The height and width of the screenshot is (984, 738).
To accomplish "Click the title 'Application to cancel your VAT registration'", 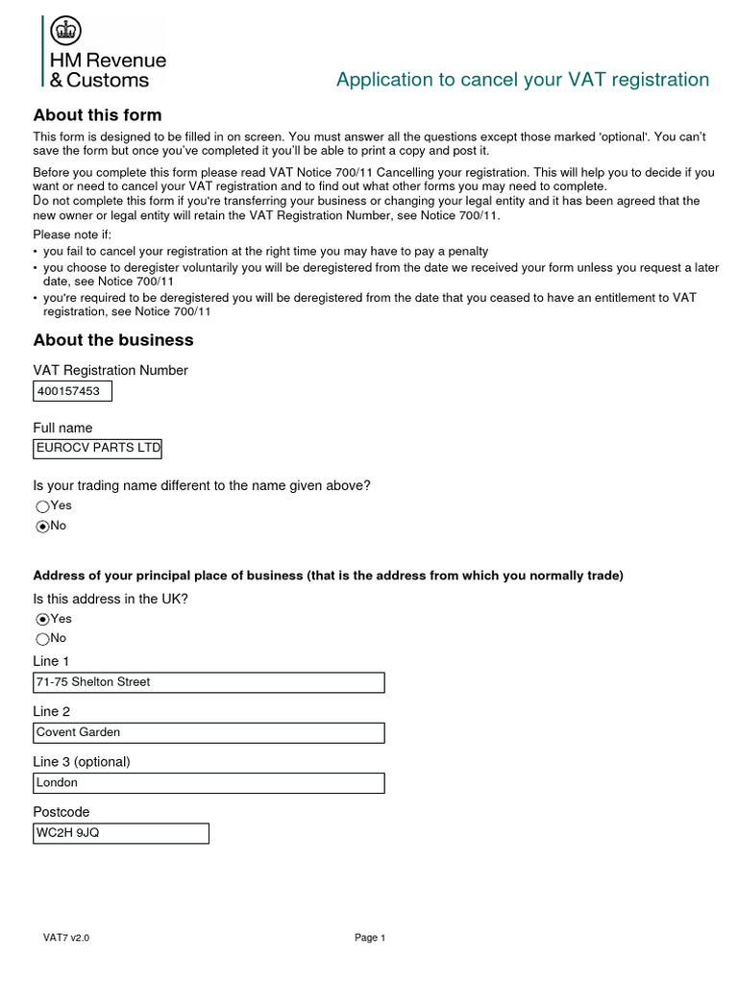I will click(523, 80).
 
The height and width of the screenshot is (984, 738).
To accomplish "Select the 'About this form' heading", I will click(97, 115).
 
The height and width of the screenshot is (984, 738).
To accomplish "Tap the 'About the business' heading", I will click(113, 340).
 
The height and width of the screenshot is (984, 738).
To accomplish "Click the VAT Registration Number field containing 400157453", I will click(73, 391).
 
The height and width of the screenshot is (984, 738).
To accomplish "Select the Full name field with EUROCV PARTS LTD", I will click(98, 448).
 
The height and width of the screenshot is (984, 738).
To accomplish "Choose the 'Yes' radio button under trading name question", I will click(42, 506).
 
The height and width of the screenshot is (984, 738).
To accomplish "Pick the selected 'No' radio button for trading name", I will click(42, 527).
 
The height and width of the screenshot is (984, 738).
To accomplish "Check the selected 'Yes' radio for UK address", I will click(42, 620).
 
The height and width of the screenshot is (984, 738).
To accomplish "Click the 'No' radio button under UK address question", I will click(42, 639).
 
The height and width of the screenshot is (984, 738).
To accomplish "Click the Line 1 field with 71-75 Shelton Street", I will click(209, 682).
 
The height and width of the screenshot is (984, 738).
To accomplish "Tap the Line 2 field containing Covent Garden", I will click(209, 732).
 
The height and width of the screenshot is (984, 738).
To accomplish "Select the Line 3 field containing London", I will click(209, 783).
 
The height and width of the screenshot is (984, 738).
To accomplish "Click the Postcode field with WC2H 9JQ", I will click(121, 833).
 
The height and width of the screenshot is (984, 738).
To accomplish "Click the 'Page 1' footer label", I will click(370, 938).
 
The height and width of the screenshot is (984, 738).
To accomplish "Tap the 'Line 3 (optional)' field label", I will click(82, 762).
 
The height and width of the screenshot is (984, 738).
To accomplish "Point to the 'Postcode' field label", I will click(61, 812).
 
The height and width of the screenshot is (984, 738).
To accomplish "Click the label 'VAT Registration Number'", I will click(111, 371).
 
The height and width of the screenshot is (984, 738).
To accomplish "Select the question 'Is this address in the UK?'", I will click(111, 599).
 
